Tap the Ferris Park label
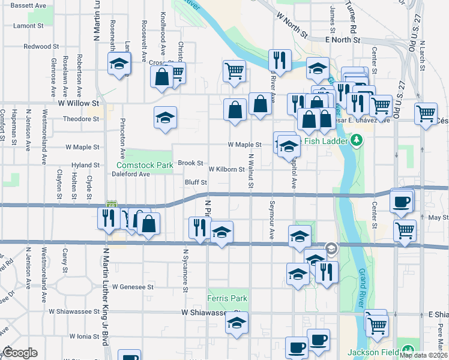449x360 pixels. pyautogui.click(x=227, y=298)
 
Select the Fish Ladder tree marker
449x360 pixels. pyautogui.click(x=357, y=141)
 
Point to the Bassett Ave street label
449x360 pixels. pyautogui.click(x=28, y=5)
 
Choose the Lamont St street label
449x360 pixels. pyautogui.click(x=28, y=26)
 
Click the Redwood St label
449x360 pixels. pyautogui.click(x=41, y=46)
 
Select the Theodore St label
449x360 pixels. pyautogui.click(x=81, y=119)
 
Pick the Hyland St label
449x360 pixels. pyautogui.click(x=85, y=164)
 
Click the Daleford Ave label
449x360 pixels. pyautogui.click(x=131, y=174)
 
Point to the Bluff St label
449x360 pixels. pyautogui.click(x=196, y=182)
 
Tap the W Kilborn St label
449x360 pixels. pyautogui.click(x=226, y=169)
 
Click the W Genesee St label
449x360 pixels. pyautogui.click(x=133, y=287)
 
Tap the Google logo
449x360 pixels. pyautogui.click(x=20, y=353)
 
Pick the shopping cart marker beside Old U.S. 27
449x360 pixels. pyautogui.click(x=426, y=112)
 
